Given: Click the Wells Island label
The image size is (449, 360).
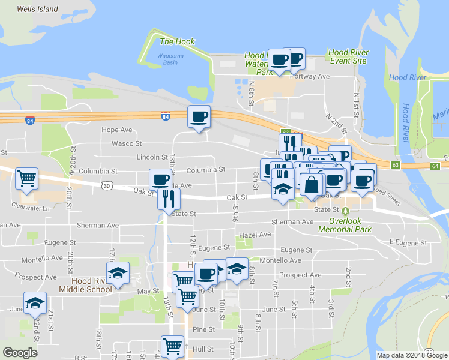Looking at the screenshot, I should coord(38,9).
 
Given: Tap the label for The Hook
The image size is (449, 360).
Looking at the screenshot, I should coord(174,41).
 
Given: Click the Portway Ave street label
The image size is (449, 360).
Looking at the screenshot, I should coord(309,76).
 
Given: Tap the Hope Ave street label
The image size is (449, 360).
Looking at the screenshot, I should coord(116,130).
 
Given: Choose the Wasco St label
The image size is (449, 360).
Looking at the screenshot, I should coord(126,143).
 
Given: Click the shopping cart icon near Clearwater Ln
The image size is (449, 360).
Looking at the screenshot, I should coord(26,178).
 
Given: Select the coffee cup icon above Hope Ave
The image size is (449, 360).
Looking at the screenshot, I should coord(199,116).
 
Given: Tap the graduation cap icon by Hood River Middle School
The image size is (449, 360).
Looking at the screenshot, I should coord(118,272).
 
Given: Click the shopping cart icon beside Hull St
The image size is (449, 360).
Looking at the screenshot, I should coord(172,346).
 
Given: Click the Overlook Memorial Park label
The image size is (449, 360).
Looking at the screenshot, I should coord(350,225).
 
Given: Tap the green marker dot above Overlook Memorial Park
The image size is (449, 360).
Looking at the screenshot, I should coord(345,211).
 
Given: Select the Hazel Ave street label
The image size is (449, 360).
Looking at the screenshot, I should coord(255,235).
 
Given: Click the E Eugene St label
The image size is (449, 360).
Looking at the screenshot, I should coord(406,242).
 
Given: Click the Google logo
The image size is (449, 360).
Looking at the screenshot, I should coord(20,353).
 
